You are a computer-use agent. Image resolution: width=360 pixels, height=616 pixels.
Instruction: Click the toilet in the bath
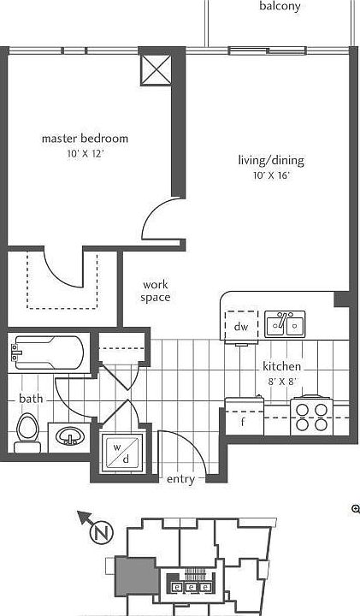tap(28, 433)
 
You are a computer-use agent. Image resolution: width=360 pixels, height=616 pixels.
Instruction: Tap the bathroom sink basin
tap(69, 436)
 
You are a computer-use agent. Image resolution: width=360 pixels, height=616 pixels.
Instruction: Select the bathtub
tap(47, 352)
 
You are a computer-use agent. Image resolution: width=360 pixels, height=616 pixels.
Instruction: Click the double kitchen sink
tap(285, 324)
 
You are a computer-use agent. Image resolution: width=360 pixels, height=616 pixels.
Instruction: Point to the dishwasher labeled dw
tap(241, 326)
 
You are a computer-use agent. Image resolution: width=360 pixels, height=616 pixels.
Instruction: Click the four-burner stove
tap(312, 416)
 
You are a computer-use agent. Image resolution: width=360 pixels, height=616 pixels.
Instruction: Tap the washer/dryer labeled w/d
tap(121, 453)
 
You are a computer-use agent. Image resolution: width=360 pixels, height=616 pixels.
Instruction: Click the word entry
tap(180, 479)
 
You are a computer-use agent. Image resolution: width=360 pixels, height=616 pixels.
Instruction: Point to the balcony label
tap(280, 6)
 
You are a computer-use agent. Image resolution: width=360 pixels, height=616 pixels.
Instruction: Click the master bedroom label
tap(85, 139)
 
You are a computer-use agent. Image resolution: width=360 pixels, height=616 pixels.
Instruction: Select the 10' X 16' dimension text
tap(271, 175)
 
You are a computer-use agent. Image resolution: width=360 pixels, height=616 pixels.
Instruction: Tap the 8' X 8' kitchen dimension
tap(282, 382)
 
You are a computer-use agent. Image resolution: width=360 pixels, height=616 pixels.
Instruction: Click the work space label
tap(156, 291)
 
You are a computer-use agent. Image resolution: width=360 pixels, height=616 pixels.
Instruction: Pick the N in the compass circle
tap(102, 533)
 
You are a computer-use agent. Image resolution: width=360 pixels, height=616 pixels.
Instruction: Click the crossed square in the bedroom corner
tap(156, 70)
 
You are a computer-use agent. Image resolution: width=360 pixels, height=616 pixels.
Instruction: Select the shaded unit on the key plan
tap(137, 576)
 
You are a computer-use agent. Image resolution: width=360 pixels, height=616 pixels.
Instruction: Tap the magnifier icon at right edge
tap(355, 509)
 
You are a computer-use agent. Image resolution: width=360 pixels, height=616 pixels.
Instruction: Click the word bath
tap(31, 399)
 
